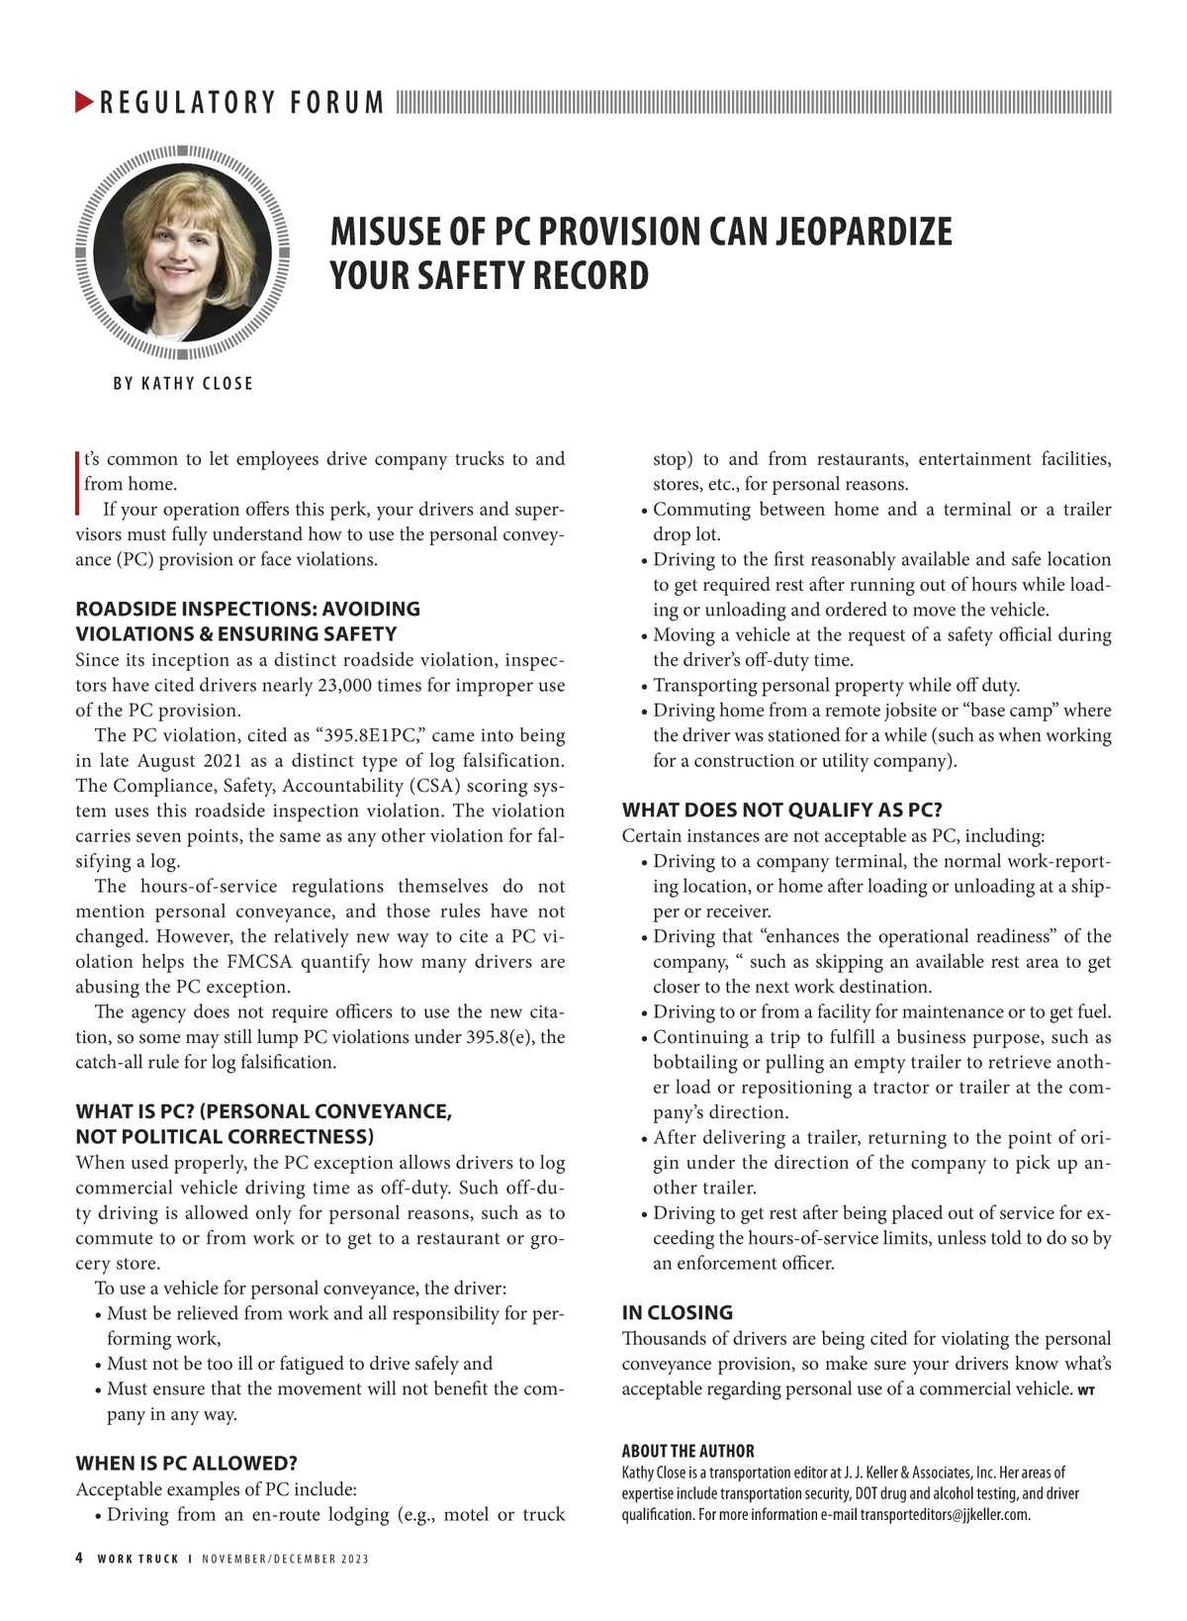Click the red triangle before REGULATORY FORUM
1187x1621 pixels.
[84, 102]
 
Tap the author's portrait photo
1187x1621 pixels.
[182, 252]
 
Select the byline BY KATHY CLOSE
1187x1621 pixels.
[183, 384]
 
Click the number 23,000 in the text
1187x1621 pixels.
[353, 685]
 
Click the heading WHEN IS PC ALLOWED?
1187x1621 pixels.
[186, 1464]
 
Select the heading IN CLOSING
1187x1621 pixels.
[677, 1313]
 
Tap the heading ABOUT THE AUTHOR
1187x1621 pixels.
[687, 1451]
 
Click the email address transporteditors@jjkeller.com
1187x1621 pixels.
[945, 1514]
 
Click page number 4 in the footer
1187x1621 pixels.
[79, 1559]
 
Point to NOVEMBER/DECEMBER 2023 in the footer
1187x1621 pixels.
[285, 1560]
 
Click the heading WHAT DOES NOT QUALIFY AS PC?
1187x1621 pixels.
[781, 810]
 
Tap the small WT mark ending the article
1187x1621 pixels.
[1086, 1390]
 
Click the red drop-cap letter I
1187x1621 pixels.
[77, 483]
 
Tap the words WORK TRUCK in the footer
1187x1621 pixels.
[137, 1560]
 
